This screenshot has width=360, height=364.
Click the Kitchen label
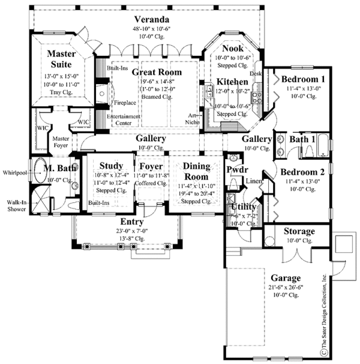pyautogui.click(x=232, y=81)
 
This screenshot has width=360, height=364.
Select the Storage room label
pyautogui.click(x=299, y=231)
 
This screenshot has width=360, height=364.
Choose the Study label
pyautogui.click(x=112, y=165)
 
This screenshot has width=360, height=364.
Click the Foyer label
pyautogui.click(x=151, y=165)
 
